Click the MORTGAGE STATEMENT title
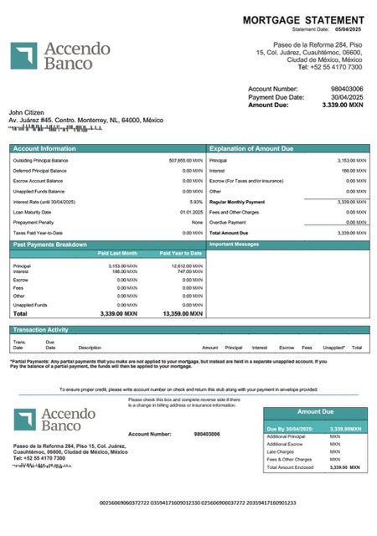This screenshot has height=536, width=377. click(303, 19)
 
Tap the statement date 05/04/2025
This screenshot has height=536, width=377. click(350, 28)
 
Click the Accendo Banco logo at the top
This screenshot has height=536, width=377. click(60, 55)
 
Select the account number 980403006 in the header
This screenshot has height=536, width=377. click(347, 88)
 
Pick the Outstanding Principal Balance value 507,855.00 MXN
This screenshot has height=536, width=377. click(186, 160)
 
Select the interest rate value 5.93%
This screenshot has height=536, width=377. click(196, 202)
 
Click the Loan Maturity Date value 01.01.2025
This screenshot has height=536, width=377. click(191, 212)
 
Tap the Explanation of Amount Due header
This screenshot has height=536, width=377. click(251, 148)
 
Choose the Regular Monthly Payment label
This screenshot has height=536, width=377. click(237, 202)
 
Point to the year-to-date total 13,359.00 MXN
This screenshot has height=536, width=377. click(183, 313)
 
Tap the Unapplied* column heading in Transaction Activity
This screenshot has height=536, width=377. click(333, 347)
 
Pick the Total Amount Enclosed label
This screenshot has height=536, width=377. click(289, 466)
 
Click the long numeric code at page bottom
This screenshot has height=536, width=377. click(197, 502)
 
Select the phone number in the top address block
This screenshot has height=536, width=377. click(335, 67)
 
